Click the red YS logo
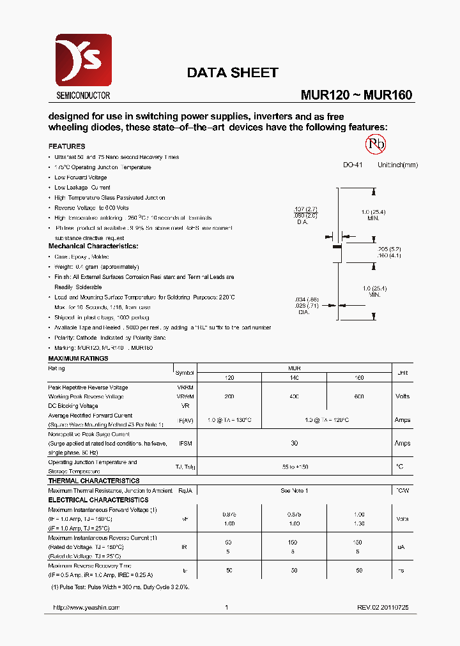[83, 61]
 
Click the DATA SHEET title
[233, 73]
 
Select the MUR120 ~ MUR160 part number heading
[356, 95]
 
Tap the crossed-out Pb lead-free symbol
[376, 144]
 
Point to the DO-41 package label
[353, 165]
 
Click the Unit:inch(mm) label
[397, 165]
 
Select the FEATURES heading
[66, 146]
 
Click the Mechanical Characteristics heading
[93, 246]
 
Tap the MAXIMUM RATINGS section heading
[78, 358]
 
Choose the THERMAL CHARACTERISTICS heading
[93, 481]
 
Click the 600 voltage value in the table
[358, 396]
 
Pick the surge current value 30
[295, 443]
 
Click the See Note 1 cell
[294, 490]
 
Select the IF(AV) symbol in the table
[185, 420]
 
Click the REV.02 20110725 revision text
[383, 608]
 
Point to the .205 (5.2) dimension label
[389, 248]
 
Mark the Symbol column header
[185, 373]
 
